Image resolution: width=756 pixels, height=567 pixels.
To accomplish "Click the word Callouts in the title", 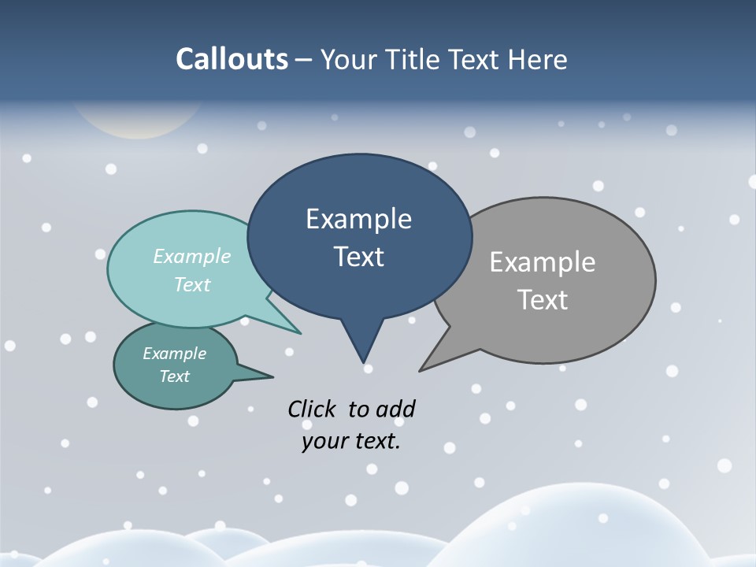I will [x=232, y=59].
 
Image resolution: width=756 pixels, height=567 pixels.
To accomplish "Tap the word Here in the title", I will [x=537, y=59].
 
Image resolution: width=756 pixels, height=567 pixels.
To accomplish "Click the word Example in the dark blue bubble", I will [x=359, y=219].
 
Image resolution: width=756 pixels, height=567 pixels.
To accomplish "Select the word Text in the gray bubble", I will [x=543, y=300].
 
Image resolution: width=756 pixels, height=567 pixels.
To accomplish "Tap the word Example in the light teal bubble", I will [x=192, y=257].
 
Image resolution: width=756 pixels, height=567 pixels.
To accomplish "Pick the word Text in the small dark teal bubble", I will [x=175, y=376].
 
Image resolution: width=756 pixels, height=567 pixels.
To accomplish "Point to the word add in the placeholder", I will [x=395, y=409].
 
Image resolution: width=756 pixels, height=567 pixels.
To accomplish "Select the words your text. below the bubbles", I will [x=351, y=441].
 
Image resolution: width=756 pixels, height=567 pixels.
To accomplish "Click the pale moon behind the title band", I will [x=138, y=122].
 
